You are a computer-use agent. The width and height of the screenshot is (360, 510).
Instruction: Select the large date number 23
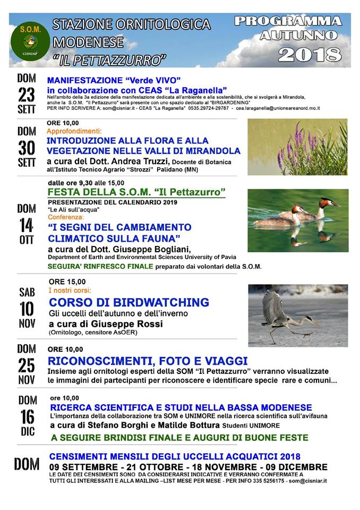27,95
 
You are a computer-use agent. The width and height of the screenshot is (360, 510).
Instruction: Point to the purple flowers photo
297,147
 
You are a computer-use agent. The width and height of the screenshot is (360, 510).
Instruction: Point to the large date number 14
27,225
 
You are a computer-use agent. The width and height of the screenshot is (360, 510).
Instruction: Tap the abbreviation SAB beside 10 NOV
27,292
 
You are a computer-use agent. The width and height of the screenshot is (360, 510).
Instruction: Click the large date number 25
27,365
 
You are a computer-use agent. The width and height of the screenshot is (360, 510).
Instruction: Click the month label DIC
28,431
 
